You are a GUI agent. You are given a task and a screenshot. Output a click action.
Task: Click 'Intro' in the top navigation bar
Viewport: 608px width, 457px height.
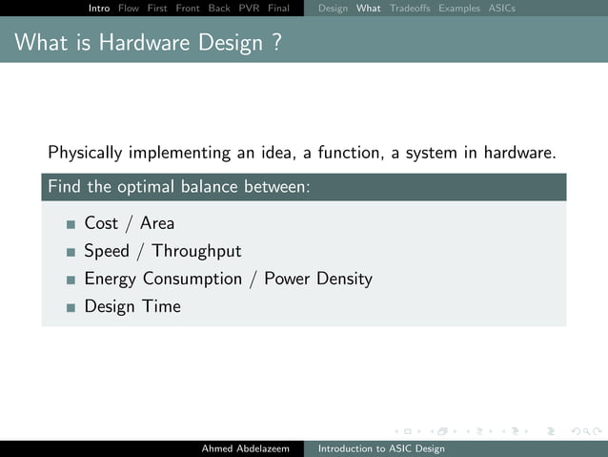99,9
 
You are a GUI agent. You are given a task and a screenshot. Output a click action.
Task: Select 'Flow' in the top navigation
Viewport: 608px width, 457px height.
129,9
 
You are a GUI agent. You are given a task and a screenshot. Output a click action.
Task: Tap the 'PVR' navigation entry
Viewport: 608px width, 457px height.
250,9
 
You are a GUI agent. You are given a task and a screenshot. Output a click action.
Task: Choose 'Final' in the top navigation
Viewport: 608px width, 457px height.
278,9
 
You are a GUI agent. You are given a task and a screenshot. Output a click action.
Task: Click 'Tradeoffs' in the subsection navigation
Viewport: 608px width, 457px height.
410,9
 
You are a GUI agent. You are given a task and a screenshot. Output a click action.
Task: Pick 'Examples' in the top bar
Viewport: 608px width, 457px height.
459,9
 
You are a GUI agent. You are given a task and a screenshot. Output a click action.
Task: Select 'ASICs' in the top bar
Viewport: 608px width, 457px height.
501,9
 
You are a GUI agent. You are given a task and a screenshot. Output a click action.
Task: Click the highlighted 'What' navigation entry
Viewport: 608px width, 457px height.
369,9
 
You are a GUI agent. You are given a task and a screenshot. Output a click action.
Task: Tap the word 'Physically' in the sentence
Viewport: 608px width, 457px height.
85,153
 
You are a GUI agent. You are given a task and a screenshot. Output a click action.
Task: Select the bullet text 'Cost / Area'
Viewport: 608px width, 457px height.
129,223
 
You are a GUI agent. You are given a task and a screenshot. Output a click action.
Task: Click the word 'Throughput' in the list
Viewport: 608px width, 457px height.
196,252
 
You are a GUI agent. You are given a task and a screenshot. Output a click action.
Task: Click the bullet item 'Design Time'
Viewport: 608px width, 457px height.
132,306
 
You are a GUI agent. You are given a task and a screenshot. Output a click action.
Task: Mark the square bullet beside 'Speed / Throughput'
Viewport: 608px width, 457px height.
71,253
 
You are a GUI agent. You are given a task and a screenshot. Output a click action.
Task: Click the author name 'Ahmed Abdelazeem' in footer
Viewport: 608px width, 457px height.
245,448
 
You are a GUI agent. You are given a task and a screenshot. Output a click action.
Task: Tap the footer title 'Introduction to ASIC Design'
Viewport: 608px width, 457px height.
381,448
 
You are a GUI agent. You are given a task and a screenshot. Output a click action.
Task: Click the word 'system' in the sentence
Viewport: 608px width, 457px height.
432,153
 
